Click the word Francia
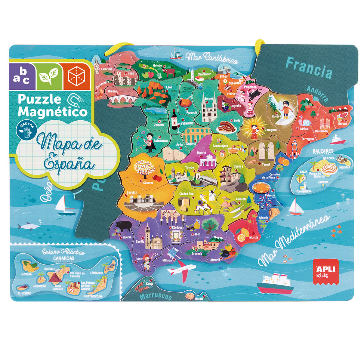coord(309,68)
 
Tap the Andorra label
coord(318,93)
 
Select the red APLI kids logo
coord(326,272)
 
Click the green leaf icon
coord(49,76)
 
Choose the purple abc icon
coord(22,76)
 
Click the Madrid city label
coord(201,153)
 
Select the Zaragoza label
coord(270,130)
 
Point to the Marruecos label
coord(155,297)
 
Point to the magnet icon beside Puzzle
coord(74,100)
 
